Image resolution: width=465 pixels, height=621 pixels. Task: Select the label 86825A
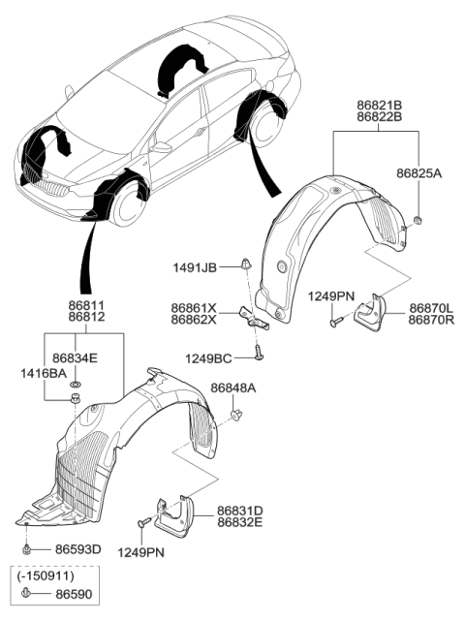coord(418,175)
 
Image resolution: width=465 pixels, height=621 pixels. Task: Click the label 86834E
coord(76,357)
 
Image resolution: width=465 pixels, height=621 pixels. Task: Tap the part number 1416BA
coord(44,371)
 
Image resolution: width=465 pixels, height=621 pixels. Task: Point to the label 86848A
coord(233,388)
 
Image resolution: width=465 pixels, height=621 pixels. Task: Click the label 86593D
coord(77,549)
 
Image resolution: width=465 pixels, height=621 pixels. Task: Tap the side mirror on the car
coord(160,147)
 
